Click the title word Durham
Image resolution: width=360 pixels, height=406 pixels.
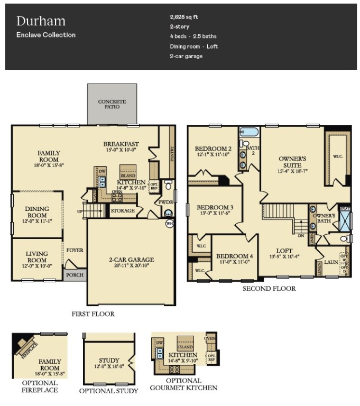click(41, 21)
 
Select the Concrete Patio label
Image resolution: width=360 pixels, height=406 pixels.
click(112, 104)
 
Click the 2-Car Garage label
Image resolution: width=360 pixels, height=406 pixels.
click(132, 260)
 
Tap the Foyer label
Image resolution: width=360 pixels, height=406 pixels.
click(75, 250)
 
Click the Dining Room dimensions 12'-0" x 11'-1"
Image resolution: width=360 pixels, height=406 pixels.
click(37, 221)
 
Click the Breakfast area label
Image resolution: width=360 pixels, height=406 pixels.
click(121, 144)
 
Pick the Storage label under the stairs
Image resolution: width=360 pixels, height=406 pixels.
click(122, 211)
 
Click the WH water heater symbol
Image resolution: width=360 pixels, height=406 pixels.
click(170, 224)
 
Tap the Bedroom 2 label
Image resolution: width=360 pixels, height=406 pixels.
click(213, 149)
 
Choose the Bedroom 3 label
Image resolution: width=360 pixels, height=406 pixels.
click(215, 207)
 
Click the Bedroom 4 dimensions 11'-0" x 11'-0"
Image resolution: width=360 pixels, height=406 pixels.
click(234, 262)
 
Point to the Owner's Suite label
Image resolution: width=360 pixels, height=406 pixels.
click(292, 162)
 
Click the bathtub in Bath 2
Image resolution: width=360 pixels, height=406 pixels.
click(247, 132)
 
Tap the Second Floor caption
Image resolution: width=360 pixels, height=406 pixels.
click(269, 289)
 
